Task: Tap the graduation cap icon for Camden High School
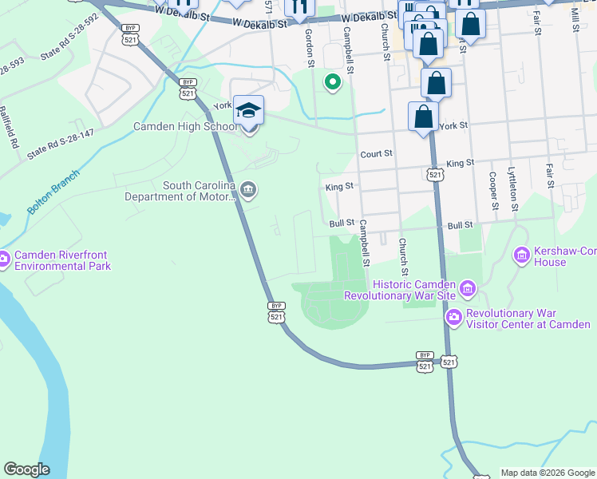pyautogui.click(x=248, y=110)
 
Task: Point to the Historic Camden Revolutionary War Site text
pyautogui.click(x=399, y=291)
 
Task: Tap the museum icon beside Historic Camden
pyautogui.click(x=467, y=287)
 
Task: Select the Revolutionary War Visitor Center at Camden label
pyautogui.click(x=528, y=319)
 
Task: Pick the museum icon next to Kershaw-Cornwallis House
pyautogui.click(x=522, y=255)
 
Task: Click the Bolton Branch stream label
pyautogui.click(x=53, y=192)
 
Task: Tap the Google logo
pyautogui.click(x=26, y=469)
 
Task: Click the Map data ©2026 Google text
pyautogui.click(x=547, y=473)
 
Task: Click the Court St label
pyautogui.click(x=377, y=153)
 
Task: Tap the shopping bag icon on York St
pyautogui.click(x=423, y=117)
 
